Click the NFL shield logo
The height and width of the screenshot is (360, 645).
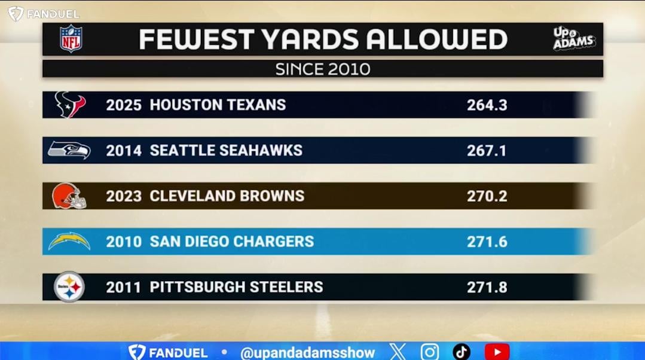(71, 39)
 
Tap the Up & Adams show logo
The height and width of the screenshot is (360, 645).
(573, 39)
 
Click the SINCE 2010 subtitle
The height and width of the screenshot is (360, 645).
(322, 69)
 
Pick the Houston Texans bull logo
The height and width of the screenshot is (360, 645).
(71, 105)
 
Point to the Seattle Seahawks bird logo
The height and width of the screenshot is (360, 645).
(69, 150)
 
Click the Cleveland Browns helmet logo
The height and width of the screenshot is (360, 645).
(69, 196)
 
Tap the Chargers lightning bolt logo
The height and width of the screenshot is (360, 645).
(69, 241)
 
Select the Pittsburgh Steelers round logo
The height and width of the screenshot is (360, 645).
(69, 287)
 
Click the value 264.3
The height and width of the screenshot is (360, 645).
(487, 105)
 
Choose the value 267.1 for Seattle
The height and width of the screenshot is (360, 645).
(487, 151)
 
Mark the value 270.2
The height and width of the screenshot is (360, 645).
(487, 196)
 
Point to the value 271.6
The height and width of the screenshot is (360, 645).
(487, 242)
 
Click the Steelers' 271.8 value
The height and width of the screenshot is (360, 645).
(487, 287)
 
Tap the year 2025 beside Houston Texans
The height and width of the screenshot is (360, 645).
(124, 105)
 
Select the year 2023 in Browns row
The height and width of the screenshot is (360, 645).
(124, 196)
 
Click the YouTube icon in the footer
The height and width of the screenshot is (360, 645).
(497, 352)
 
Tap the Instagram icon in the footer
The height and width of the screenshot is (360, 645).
(429, 352)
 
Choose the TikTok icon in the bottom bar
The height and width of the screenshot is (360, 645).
(461, 352)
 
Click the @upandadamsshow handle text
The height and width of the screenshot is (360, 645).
(307, 353)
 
